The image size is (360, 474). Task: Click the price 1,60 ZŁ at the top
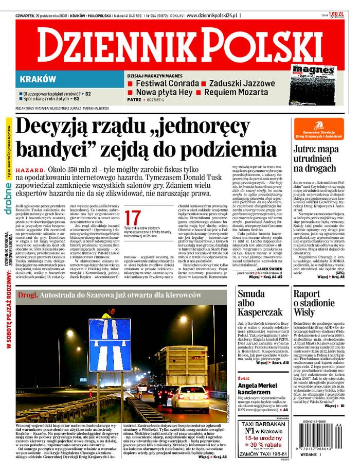(x=336, y=14)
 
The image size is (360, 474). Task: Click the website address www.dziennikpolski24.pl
(x=211, y=16)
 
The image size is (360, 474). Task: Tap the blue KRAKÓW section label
(x=38, y=79)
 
